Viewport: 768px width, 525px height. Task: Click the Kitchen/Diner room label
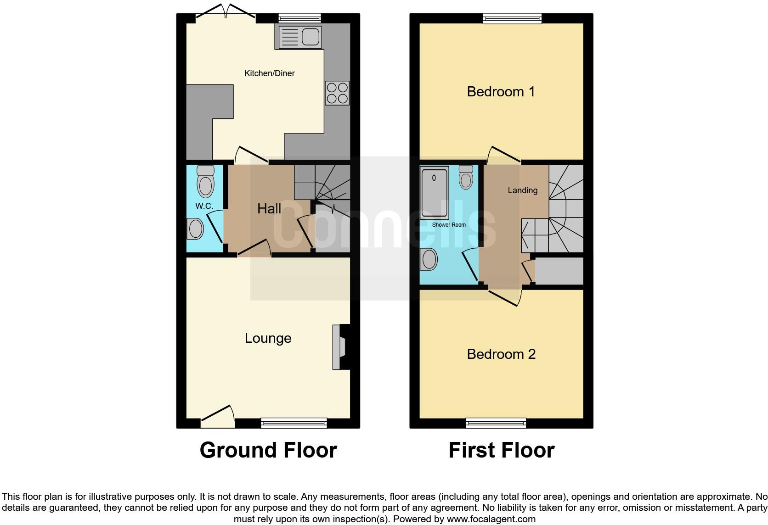point(269,73)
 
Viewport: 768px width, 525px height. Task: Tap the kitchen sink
point(299,37)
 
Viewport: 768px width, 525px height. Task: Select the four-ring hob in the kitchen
point(337,93)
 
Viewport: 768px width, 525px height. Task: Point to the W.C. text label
point(204,206)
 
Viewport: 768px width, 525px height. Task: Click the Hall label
point(269,209)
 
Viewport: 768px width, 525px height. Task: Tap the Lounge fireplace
point(340,347)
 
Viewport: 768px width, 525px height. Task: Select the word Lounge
point(268,338)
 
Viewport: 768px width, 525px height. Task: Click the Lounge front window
point(294,423)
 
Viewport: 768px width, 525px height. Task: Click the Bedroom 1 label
point(501,92)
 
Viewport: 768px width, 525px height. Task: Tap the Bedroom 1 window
point(512,18)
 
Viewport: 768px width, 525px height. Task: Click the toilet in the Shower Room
point(466,177)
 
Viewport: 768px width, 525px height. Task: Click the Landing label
point(522,190)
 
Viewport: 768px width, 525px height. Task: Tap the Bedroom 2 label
point(501,354)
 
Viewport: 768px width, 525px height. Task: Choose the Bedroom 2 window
point(496,423)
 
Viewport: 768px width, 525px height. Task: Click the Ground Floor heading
point(268,450)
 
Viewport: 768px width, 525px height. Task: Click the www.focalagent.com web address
point(491,519)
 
